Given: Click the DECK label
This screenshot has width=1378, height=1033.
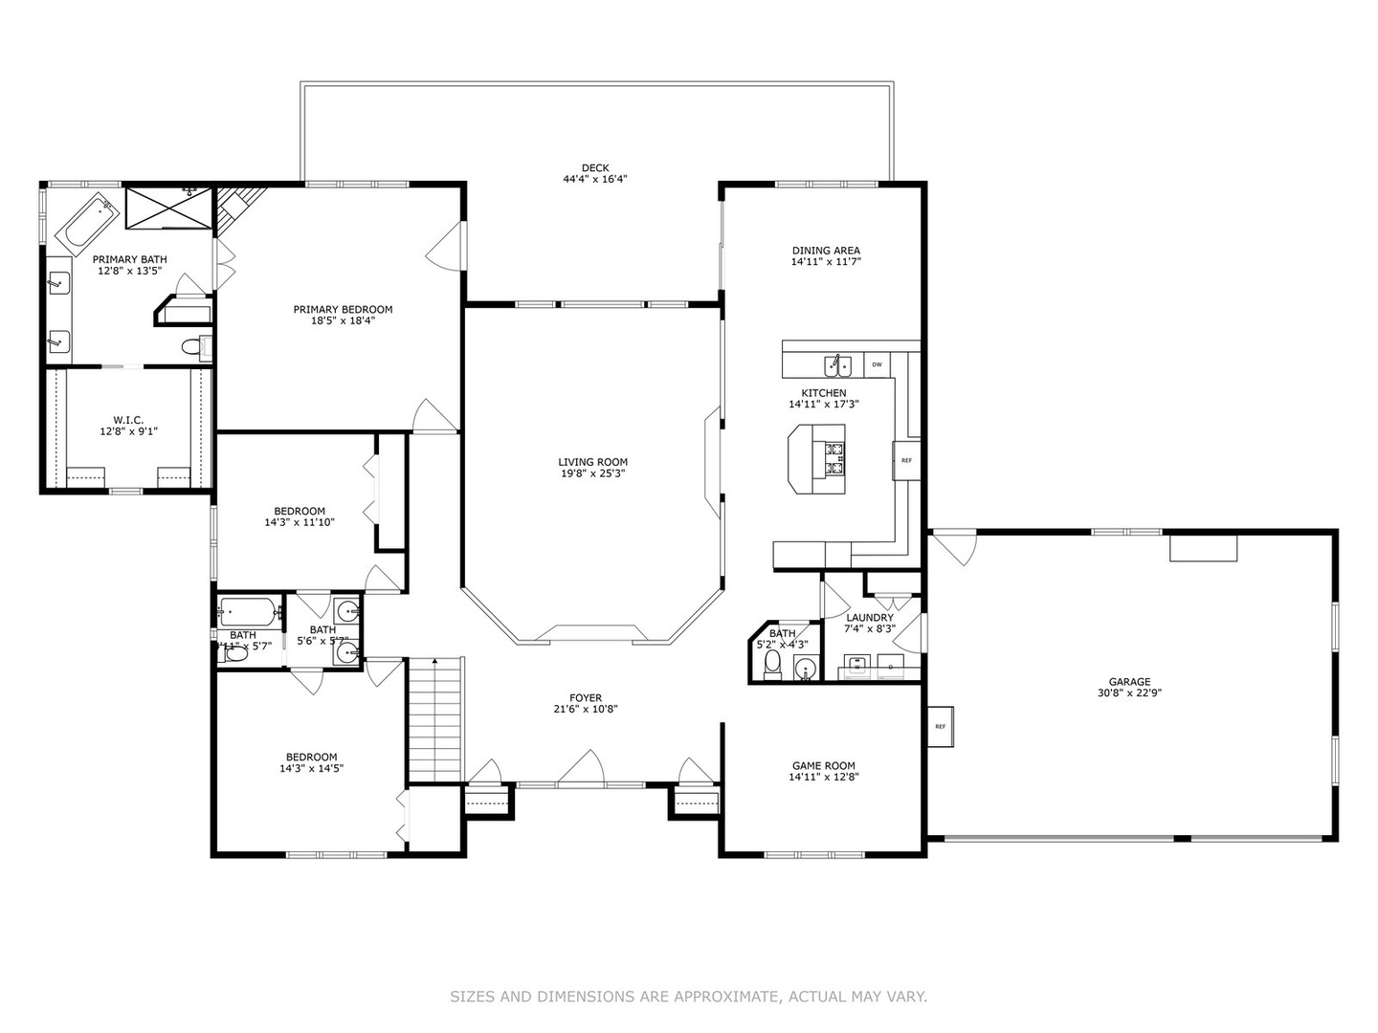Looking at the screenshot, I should click(594, 168).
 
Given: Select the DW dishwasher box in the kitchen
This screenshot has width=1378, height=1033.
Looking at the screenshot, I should click(877, 364).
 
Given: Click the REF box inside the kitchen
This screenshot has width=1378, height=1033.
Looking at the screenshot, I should click(905, 460).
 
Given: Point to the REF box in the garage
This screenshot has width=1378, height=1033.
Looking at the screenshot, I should click(940, 727).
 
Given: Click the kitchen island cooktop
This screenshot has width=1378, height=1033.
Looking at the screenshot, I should click(833, 458).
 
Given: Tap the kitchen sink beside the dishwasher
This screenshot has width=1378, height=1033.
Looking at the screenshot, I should click(839, 365).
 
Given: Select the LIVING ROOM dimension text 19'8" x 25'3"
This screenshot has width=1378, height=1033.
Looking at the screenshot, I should click(593, 473).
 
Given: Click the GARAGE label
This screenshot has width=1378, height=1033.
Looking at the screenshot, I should click(1129, 682).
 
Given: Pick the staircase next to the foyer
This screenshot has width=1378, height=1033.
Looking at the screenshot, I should click(435, 722).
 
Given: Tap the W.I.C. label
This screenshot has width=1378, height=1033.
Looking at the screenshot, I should click(127, 420).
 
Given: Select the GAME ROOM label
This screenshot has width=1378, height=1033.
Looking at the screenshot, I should click(823, 765).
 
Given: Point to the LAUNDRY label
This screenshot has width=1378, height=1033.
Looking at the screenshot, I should click(869, 618).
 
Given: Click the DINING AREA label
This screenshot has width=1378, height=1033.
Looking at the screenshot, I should click(825, 251).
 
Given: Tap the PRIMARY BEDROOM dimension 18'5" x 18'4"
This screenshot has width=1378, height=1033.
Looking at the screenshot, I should click(343, 321).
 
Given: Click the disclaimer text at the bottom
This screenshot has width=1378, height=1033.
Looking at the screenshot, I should click(688, 997).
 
